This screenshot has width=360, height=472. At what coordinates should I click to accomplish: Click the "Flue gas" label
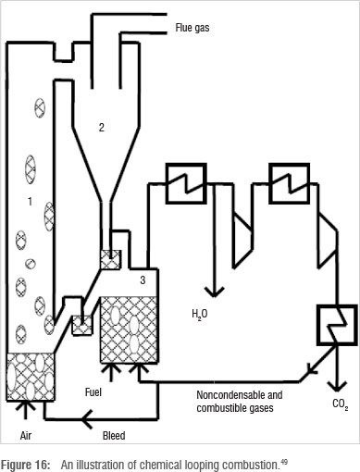tap(192, 28)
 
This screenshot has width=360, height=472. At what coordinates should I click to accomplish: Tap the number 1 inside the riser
tap(30, 202)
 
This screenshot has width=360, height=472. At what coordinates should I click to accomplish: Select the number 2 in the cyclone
tap(102, 127)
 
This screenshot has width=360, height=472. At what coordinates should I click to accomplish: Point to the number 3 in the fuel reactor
tap(143, 279)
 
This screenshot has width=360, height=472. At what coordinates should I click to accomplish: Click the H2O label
tap(200, 315)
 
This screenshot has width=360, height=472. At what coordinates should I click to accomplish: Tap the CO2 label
tap(341, 404)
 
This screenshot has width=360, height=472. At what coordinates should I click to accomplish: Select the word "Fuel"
tap(93, 392)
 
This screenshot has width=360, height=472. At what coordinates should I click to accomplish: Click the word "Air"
tap(26, 436)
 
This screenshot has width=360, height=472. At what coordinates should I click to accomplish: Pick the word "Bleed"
tap(114, 436)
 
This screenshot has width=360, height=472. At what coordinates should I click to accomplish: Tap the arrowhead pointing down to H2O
tap(214, 292)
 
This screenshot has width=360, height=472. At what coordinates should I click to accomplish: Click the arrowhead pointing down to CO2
tap(337, 385)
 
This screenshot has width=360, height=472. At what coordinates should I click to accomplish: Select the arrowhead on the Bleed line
tap(87, 419)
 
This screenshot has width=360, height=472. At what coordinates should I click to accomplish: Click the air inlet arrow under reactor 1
tap(25, 410)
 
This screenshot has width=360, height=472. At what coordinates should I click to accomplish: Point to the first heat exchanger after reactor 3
tap(186, 183)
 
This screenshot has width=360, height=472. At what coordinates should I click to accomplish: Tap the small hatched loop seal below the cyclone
tap(110, 259)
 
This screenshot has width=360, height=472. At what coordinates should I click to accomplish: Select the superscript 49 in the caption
tap(284, 462)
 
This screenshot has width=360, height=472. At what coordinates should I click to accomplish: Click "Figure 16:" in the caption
tap(26, 465)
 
